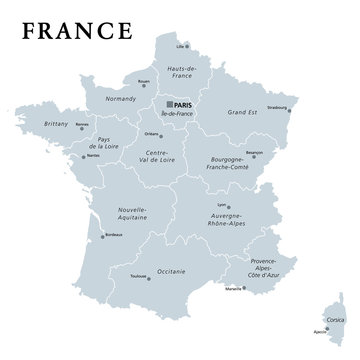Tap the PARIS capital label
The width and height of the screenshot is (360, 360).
(x=180, y=101)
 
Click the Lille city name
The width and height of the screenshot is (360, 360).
(x=182, y=46)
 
